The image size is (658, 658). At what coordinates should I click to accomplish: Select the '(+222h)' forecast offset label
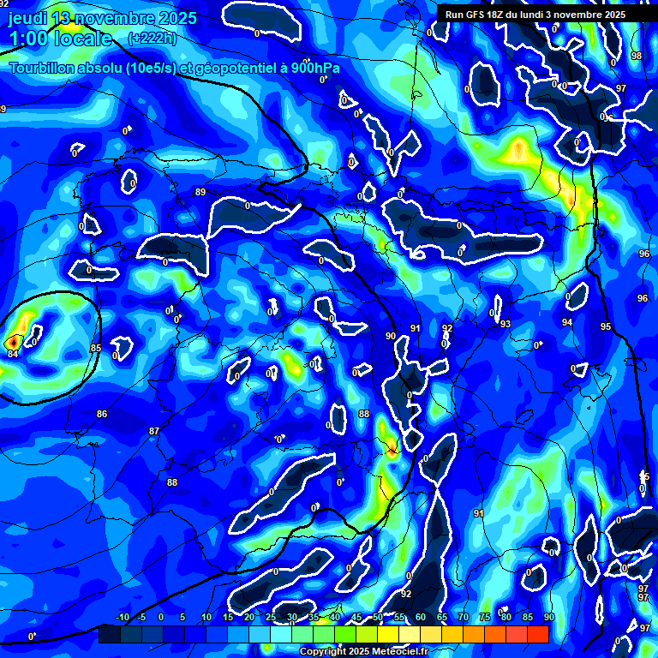152,39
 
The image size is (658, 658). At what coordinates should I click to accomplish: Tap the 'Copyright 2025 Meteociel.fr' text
363,651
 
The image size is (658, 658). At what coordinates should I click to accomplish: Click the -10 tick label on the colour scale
122,618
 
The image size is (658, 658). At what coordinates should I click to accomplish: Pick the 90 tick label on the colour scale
548,618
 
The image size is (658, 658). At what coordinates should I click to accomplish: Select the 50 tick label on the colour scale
377,618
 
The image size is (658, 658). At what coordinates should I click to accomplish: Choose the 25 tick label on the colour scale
270,618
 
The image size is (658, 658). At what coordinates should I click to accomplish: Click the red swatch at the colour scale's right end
537,634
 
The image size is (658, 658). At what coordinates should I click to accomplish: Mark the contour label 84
12,353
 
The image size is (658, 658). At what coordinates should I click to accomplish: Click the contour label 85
95,348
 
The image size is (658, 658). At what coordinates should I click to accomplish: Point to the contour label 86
102,414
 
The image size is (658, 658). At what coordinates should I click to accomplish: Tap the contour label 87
154,431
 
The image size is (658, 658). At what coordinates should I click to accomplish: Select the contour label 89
200,192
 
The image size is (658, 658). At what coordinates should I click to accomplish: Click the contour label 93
505,324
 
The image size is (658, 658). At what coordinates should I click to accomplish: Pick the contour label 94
567,322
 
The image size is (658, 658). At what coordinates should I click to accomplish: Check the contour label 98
636,56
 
